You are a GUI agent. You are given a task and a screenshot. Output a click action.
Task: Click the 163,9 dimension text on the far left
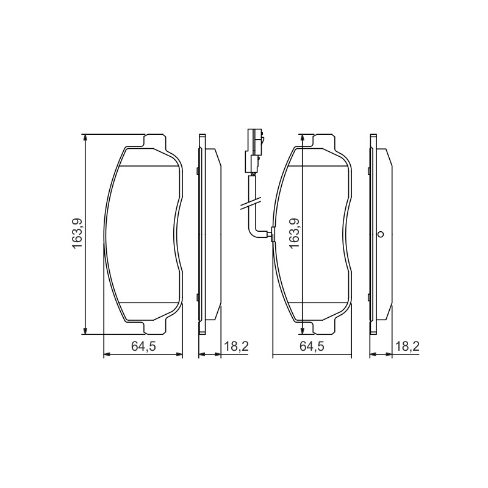(77, 234)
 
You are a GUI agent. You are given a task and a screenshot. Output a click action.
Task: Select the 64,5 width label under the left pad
(143, 346)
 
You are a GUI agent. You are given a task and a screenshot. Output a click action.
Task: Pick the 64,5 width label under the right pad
(312, 346)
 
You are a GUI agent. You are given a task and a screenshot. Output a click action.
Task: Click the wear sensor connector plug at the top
(254, 150)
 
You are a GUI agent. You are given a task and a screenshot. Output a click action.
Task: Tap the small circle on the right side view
(380, 234)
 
